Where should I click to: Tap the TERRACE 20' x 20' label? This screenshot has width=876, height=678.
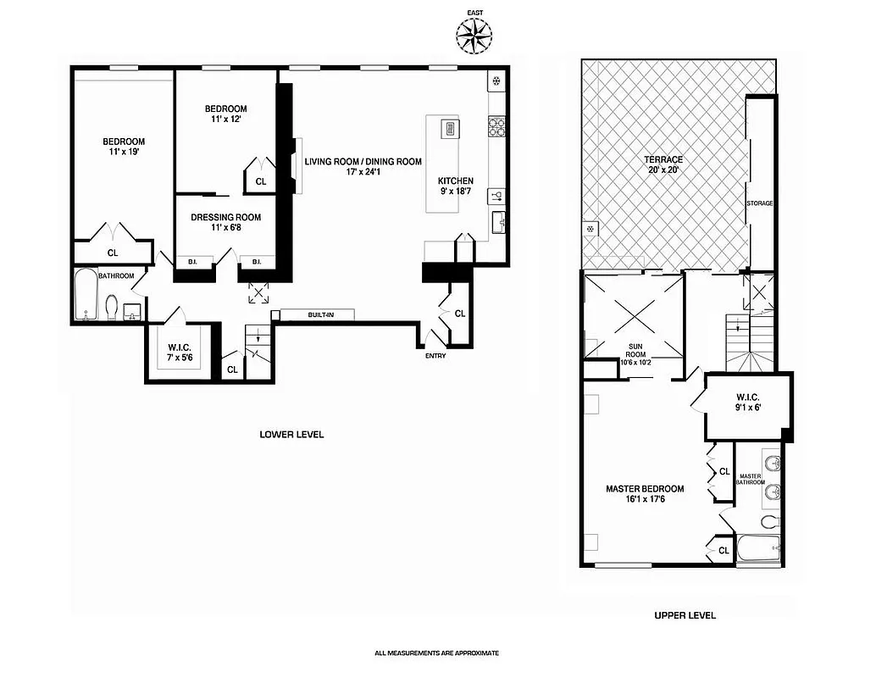click(x=663, y=164)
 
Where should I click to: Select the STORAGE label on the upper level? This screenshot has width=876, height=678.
click(x=759, y=203)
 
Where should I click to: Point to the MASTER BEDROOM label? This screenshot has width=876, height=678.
click(x=644, y=494)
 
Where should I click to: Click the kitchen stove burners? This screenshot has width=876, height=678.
click(x=496, y=127)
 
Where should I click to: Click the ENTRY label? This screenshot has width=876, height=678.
click(x=435, y=355)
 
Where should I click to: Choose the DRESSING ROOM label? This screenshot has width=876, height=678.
click(x=225, y=222)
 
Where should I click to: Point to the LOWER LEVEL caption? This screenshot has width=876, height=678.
click(x=291, y=434)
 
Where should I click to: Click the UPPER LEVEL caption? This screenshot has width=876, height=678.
click(x=685, y=615)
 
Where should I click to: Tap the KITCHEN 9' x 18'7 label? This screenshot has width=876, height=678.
click(x=455, y=186)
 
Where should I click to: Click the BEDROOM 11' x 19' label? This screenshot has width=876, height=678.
click(x=124, y=147)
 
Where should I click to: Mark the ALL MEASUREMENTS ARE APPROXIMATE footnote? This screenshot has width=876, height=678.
click(x=437, y=653)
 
